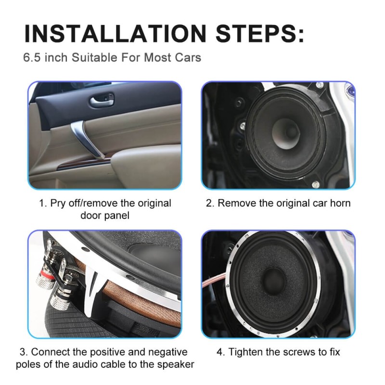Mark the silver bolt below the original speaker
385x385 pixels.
click(x=315, y=183)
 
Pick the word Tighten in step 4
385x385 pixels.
click(x=245, y=352)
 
